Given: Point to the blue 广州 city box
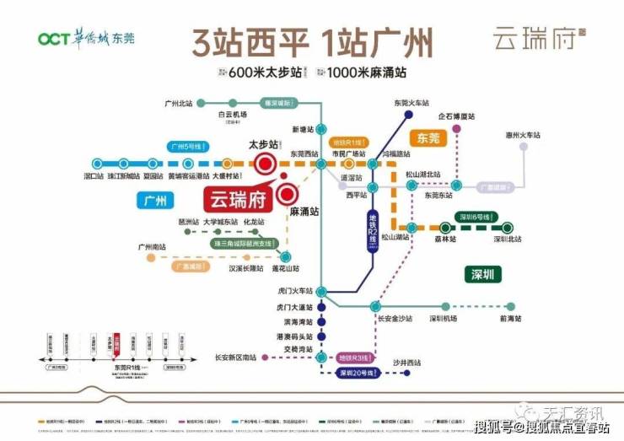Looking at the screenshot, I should pyautogui.click(x=153, y=200).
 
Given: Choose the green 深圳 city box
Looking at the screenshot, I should pyautogui.click(x=483, y=273).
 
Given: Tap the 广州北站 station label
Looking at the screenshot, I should pyautogui.click(x=179, y=104).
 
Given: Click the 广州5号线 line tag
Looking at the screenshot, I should pyautogui.click(x=187, y=145).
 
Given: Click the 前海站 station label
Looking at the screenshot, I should pyautogui.click(x=510, y=318).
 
